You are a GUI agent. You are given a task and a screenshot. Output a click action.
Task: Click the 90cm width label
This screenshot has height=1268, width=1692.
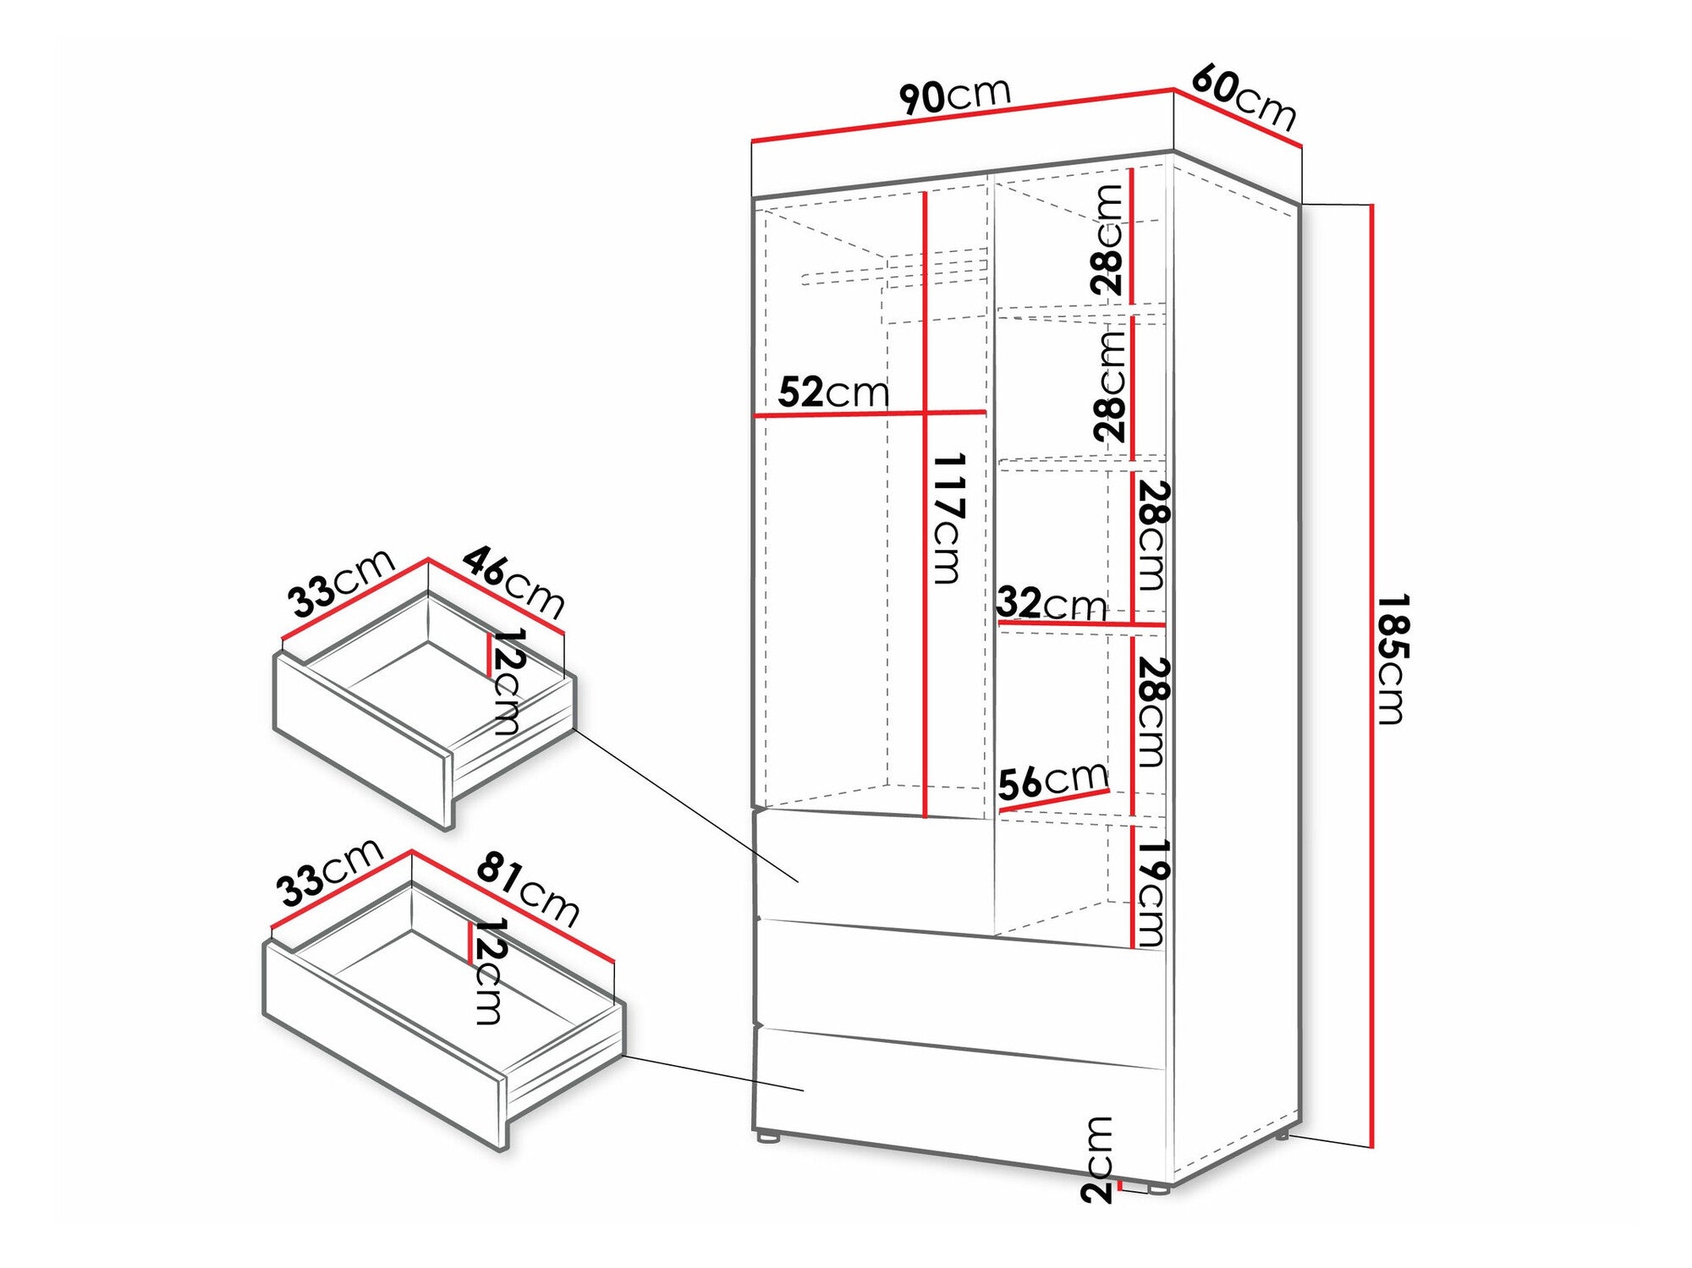[x=955, y=94]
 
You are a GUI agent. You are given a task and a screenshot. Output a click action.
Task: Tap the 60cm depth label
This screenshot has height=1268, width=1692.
[x=1244, y=99]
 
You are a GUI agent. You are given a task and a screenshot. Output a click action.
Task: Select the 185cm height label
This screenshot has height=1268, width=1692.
[x=1391, y=659]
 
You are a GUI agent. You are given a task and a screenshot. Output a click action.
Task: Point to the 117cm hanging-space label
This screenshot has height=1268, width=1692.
[x=948, y=519]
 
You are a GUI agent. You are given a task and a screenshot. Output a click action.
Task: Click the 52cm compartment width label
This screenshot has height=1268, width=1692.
[x=833, y=392]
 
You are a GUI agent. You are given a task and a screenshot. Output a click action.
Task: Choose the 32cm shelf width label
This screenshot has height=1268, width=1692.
[x=1052, y=603]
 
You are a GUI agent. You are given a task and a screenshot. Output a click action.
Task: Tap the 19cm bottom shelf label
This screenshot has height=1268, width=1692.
[x=1151, y=892]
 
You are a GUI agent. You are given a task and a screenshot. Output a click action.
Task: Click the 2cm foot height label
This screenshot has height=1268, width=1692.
[x=1097, y=1159]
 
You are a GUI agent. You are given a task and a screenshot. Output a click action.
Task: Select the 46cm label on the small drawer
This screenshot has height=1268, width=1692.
[x=514, y=582]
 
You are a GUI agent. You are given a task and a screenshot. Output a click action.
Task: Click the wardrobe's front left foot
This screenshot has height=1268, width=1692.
[x=768, y=1138]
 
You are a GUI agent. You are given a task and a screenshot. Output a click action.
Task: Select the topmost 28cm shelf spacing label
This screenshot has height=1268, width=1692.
[x=1107, y=240]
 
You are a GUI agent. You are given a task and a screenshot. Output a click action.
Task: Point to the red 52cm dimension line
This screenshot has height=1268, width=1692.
[x=870, y=414]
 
